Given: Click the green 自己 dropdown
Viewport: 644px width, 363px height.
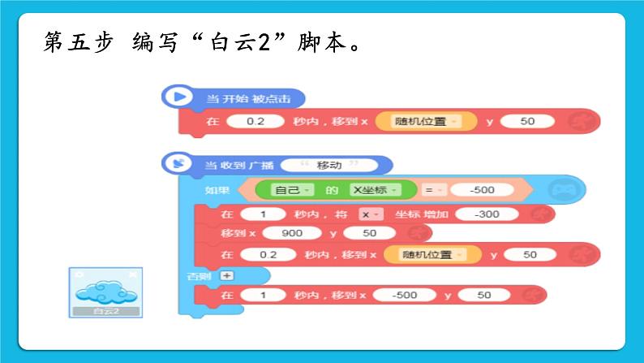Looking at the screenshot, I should click(288, 190).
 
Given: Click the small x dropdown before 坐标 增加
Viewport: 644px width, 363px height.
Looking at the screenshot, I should click(371, 214).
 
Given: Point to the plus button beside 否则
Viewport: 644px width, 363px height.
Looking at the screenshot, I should click(227, 275).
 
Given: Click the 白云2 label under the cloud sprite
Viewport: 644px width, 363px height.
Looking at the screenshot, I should click(105, 311).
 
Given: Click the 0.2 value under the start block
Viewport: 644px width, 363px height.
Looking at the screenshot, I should click(255, 122).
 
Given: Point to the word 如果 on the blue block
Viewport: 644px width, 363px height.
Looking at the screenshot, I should click(217, 190).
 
